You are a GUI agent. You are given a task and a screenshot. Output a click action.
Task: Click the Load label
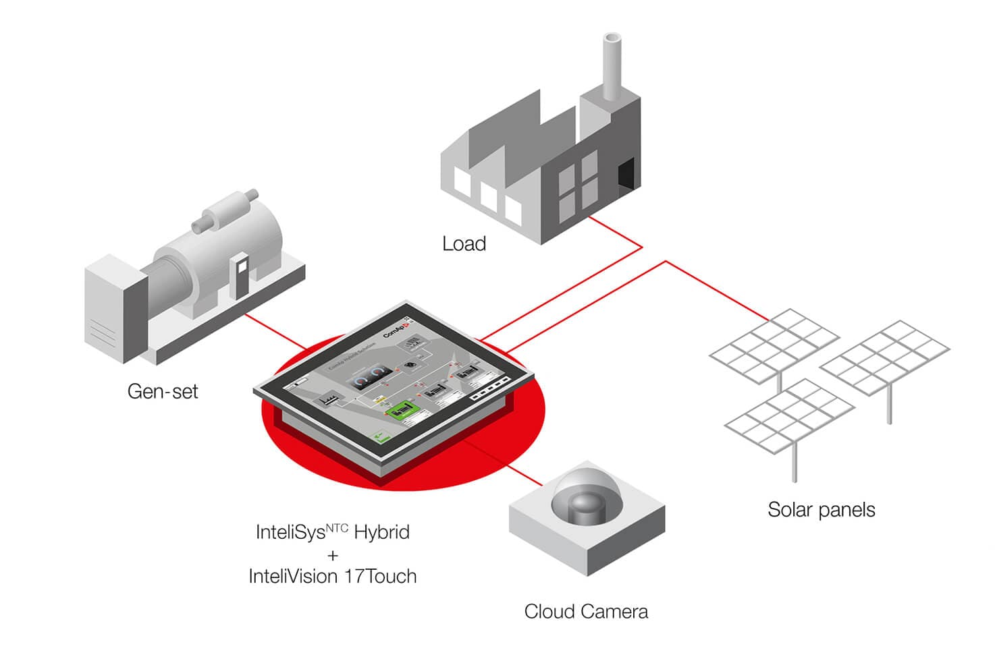[464, 243]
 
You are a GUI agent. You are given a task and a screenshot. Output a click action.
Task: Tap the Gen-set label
[163, 391]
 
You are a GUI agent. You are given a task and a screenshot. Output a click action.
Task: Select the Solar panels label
[821, 510]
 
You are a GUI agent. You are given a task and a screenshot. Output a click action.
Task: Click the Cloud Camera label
[586, 612]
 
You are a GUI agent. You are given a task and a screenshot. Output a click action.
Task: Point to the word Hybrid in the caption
[382, 532]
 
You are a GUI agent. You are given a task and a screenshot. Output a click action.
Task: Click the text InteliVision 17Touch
[332, 577]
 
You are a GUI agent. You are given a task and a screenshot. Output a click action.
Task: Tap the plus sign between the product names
[332, 555]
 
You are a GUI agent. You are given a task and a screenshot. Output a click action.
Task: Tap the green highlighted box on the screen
[400, 409]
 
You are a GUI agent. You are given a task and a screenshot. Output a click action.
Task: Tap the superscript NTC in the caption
[337, 527]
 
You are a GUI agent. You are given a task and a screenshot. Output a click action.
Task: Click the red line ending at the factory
[614, 233]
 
